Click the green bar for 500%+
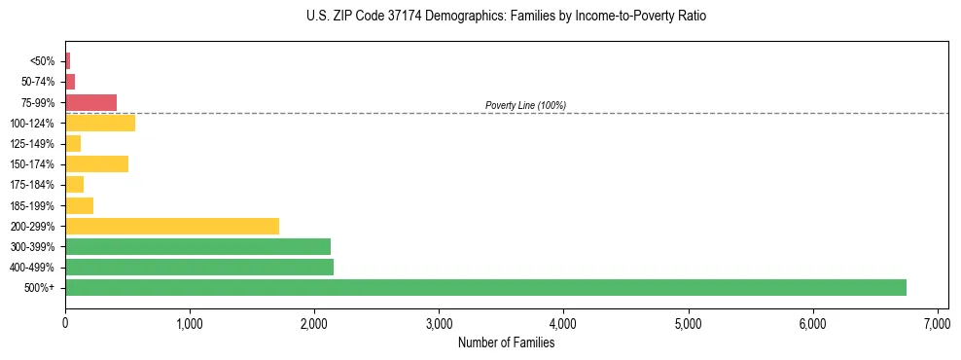[x=485, y=287]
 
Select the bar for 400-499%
[x=199, y=267]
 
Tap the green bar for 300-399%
[x=197, y=246]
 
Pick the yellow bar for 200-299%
[x=172, y=226]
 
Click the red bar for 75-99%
[x=91, y=102]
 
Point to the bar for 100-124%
[x=100, y=123]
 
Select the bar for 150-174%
[x=97, y=163]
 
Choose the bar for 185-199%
[x=80, y=205]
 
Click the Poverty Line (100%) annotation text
[x=525, y=105]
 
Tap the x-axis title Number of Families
[x=506, y=342]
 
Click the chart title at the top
[x=506, y=17]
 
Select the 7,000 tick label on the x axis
[x=937, y=322]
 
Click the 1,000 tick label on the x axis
[x=190, y=322]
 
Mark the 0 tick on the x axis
[x=65, y=322]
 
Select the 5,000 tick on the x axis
[x=688, y=322]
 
